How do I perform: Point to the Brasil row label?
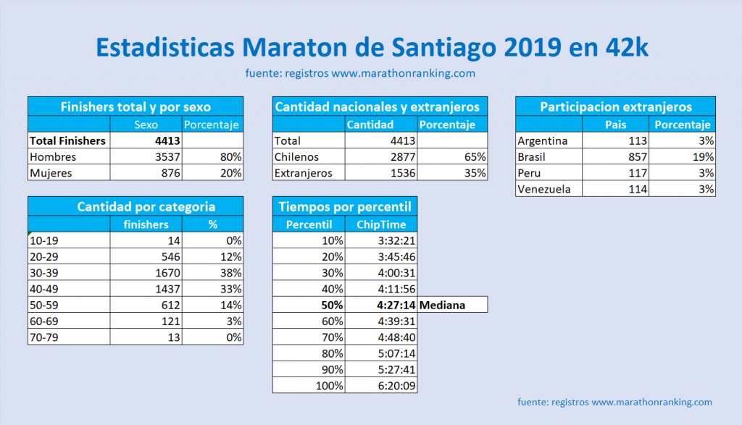click(531, 156)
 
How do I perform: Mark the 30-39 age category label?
click(43, 272)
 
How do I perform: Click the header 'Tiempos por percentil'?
click(344, 207)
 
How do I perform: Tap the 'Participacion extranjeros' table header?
click(616, 106)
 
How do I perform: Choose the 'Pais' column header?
click(615, 125)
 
